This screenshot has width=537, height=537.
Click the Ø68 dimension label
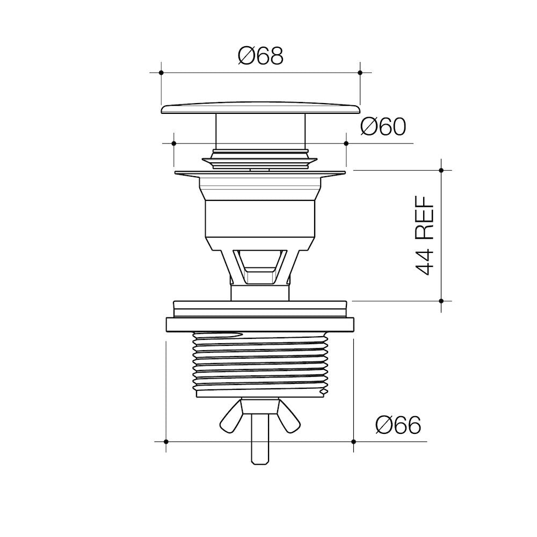pos(260,56)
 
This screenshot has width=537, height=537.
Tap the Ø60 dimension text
pos(383,127)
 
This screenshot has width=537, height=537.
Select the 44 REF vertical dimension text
pos(425,235)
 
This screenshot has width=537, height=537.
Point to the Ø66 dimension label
pos(398,425)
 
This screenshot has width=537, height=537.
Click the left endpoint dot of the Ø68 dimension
pos(161,72)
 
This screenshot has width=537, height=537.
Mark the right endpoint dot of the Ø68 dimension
pos(360,72)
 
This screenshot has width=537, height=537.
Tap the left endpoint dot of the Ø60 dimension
pos(173,143)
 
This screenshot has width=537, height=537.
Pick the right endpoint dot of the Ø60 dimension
pos(346,143)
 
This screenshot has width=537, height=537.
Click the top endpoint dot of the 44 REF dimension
pos(441,170)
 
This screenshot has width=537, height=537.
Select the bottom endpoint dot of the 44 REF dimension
pos(441,301)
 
